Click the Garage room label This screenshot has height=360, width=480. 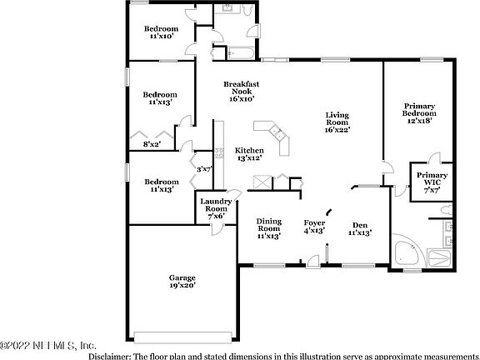pos(182,277)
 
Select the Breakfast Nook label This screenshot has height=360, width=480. pos(242,91)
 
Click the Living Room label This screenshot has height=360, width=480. pos(337,121)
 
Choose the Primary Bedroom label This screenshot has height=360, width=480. pos(419,112)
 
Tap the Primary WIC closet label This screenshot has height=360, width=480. pos(432,181)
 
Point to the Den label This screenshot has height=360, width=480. pos(360,224)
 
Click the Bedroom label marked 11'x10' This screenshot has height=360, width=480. pos(161,31)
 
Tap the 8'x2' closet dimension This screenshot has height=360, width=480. pos(152,144)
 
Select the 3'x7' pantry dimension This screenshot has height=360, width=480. pos(204,169)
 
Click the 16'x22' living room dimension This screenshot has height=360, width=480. pos(337,129)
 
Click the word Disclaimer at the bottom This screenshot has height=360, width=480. pos(112,354)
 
